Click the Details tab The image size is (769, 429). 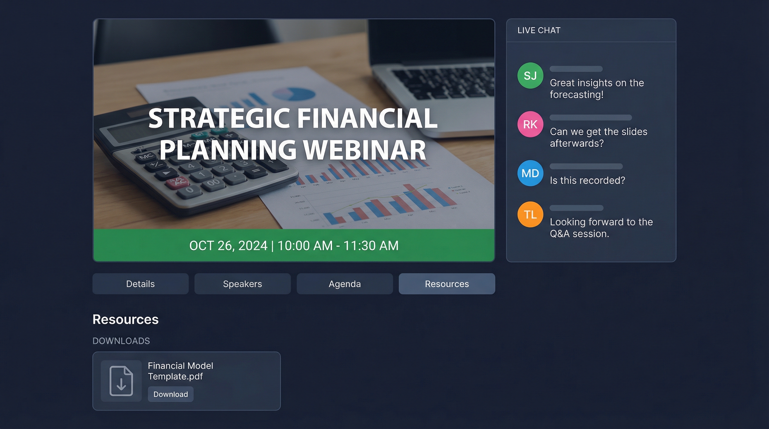click(x=140, y=284)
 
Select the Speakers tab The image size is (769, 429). click(x=242, y=284)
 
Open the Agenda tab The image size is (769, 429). click(x=345, y=284)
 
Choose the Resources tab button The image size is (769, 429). click(x=447, y=284)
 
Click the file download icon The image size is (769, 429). click(x=121, y=381)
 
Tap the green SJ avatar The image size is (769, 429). click(x=530, y=75)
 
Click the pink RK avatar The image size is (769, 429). click(x=530, y=124)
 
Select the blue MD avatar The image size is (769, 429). click(x=530, y=173)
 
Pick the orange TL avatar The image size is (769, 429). click(x=530, y=214)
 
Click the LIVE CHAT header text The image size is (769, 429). click(x=539, y=30)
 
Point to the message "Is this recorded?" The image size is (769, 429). click(x=587, y=180)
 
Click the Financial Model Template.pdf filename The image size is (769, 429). click(x=180, y=371)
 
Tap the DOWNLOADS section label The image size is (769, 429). click(x=121, y=341)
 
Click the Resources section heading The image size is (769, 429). click(x=125, y=319)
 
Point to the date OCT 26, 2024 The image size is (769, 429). click(x=228, y=246)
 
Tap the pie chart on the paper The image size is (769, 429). click(x=294, y=94)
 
